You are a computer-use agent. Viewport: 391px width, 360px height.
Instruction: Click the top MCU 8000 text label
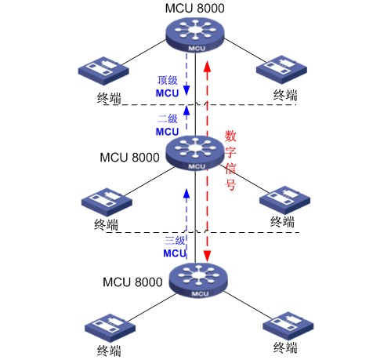(194, 8)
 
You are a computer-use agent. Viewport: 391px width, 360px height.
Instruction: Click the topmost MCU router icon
(195, 35)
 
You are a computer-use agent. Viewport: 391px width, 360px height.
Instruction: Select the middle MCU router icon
(195, 153)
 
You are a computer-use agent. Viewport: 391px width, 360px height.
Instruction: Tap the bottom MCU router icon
(198, 281)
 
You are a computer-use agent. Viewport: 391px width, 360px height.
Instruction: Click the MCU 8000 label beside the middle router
(129, 158)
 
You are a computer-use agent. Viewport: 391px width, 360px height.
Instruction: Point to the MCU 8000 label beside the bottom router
(132, 282)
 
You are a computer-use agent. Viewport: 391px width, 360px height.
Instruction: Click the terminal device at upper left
(103, 71)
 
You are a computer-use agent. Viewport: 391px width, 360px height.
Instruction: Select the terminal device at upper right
(281, 70)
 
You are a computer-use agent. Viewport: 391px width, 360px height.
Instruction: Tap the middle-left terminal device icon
(107, 202)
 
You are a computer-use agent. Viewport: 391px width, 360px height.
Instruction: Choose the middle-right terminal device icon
(285, 200)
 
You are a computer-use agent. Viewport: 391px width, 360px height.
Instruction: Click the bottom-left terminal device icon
(110, 328)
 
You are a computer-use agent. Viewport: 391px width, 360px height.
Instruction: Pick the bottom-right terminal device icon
(288, 326)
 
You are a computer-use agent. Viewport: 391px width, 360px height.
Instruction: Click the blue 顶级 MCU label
(168, 86)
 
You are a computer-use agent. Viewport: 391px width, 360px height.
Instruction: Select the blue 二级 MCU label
(168, 125)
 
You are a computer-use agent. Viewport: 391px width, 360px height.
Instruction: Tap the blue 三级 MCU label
(175, 246)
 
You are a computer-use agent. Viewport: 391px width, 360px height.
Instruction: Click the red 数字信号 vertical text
(230, 160)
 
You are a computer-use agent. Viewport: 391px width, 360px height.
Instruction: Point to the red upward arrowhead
(207, 67)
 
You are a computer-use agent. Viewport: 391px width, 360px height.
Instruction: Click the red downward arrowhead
(207, 256)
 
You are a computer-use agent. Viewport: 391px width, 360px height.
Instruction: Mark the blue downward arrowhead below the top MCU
(186, 90)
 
